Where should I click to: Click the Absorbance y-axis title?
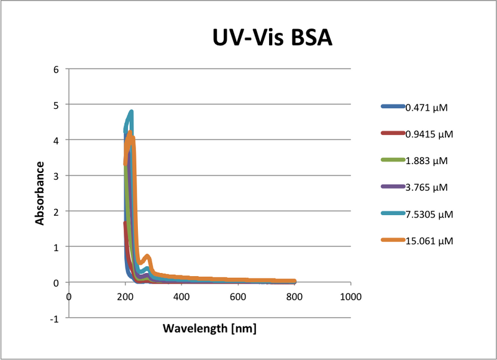pyautogui.click(x=40, y=193)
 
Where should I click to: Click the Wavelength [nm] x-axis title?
pyautogui.click(x=209, y=328)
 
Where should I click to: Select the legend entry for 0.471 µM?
pyautogui.click(x=426, y=107)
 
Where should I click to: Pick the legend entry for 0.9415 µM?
pyautogui.click(x=429, y=134)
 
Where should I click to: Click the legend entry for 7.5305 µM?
pyautogui.click(x=429, y=214)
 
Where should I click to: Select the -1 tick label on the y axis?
pyautogui.click(x=54, y=318)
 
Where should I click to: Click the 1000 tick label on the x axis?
pyautogui.click(x=350, y=297)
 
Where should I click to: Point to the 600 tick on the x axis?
pyautogui.click(x=238, y=297)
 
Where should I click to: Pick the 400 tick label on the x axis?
pyautogui.click(x=181, y=297)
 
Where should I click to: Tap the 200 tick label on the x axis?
pyautogui.click(x=125, y=297)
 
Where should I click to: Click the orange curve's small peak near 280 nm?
pyautogui.click(x=147, y=256)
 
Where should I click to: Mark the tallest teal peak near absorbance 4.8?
pyautogui.click(x=131, y=112)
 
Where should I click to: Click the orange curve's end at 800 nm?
pyautogui.click(x=294, y=282)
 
